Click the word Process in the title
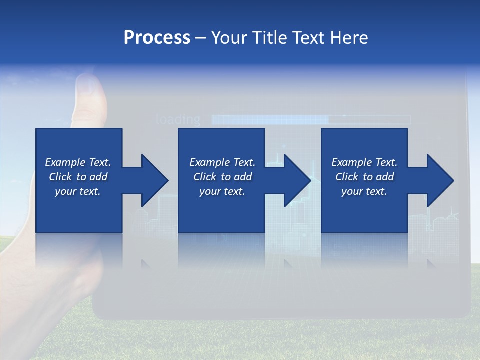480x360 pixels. click(157, 38)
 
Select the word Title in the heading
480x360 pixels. click(269, 38)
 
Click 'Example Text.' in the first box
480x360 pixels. click(78, 162)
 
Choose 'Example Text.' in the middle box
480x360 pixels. click(222, 162)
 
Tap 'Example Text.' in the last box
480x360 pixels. click(364, 162)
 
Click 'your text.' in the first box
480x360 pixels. click(78, 191)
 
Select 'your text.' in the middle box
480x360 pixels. click(222, 191)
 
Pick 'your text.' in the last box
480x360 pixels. click(364, 191)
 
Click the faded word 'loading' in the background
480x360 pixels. click(178, 119)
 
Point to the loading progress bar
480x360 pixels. click(310, 119)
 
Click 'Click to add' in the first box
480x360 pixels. click(78, 177)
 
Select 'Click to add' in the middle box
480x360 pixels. click(222, 177)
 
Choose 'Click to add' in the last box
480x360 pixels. click(364, 177)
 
